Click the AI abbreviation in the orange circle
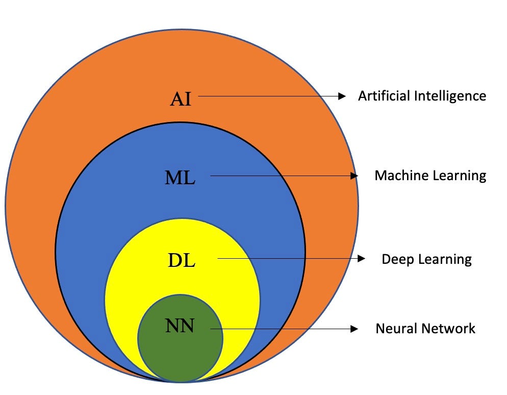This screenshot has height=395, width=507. (x=181, y=98)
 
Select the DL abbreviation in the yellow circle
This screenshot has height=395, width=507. (x=182, y=260)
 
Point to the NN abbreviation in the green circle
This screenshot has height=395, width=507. (x=180, y=326)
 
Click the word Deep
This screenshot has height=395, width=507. (x=398, y=260)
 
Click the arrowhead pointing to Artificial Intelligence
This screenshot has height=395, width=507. (x=342, y=96)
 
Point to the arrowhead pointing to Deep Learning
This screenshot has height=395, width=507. (x=362, y=259)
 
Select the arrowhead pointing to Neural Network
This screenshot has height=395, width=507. (x=354, y=329)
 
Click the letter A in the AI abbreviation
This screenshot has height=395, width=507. (x=176, y=98)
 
